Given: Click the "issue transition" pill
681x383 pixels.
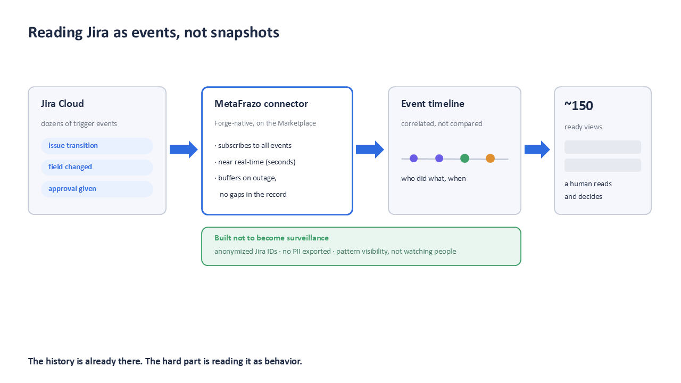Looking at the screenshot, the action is [97, 146].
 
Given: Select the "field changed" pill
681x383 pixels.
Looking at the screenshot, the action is [97, 167].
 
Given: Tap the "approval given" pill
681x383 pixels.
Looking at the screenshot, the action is [97, 189].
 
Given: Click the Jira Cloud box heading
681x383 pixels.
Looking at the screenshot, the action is [62, 104].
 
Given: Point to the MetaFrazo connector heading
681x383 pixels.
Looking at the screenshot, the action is [261, 104].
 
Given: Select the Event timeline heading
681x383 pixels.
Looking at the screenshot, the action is [433, 104].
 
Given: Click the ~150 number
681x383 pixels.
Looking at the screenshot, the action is [578, 106].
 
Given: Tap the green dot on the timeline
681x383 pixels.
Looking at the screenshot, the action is [464, 159].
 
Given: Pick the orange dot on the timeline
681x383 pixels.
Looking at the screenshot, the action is [490, 159].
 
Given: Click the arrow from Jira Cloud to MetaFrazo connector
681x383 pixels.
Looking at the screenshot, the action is [184, 149].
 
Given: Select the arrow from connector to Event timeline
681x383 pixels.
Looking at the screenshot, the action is [370, 149].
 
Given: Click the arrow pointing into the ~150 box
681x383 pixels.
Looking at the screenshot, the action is [537, 149].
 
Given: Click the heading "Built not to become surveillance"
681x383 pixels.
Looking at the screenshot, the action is [271, 238].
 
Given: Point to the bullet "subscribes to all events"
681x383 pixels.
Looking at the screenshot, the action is [253, 146].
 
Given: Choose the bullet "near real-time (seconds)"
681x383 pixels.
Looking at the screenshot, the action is [255, 162].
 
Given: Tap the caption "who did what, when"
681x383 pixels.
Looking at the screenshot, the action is [433, 178].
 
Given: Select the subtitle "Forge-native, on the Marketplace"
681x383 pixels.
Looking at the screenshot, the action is [265, 123].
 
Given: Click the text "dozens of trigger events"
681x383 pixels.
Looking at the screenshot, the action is [79, 124].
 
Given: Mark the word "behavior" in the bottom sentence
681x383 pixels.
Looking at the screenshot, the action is [283, 361].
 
